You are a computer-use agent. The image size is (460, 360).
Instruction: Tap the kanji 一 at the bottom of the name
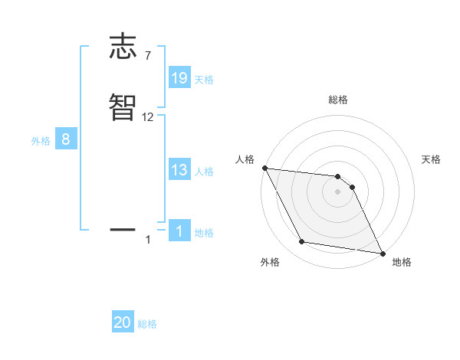click(x=123, y=229)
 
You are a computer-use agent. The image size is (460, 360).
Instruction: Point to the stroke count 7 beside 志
click(x=148, y=56)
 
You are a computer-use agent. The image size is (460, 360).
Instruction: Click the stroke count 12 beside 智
click(x=148, y=117)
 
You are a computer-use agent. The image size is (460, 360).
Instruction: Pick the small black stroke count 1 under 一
click(x=148, y=241)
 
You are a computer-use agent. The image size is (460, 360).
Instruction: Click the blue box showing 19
click(x=179, y=77)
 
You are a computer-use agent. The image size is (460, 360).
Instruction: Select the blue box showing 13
click(x=179, y=170)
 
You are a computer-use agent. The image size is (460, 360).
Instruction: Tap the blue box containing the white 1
click(x=179, y=231)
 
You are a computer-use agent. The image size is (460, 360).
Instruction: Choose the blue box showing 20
click(x=123, y=323)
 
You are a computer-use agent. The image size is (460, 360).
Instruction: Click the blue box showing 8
click(x=66, y=139)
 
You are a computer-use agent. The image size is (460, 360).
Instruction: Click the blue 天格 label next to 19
click(x=204, y=79)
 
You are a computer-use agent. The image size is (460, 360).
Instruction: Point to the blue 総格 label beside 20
click(x=147, y=325)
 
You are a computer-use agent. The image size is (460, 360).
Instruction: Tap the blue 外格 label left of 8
click(x=41, y=141)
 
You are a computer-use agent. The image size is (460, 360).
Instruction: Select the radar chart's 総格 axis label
click(x=338, y=100)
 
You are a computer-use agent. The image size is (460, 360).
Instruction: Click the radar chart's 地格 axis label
click(x=402, y=263)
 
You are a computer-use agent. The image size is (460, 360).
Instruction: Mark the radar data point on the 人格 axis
click(x=264, y=168)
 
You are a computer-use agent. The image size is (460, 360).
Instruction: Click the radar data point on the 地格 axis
click(x=382, y=253)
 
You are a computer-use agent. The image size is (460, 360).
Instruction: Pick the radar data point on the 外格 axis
click(x=302, y=242)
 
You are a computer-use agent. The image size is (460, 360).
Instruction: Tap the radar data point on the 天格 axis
click(x=353, y=187)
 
